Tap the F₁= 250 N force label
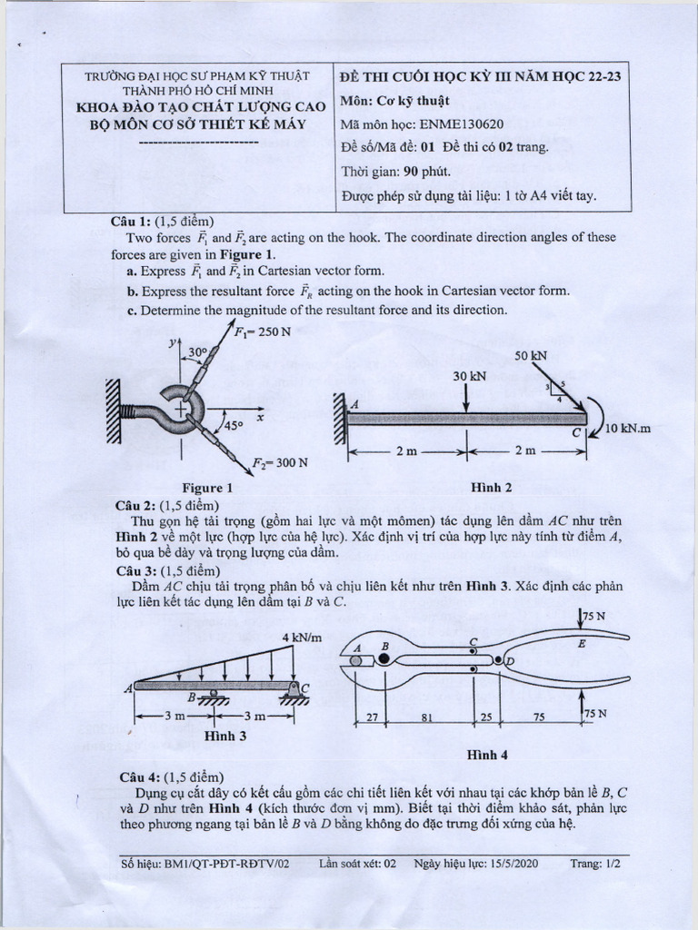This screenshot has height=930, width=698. click(x=263, y=332)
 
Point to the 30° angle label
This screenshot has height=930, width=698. click(x=198, y=351)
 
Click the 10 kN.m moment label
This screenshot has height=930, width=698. click(x=629, y=428)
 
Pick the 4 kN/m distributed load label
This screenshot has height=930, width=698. click(x=303, y=637)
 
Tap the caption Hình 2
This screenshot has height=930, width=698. click(x=492, y=488)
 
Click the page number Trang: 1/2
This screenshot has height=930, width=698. click(x=594, y=865)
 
